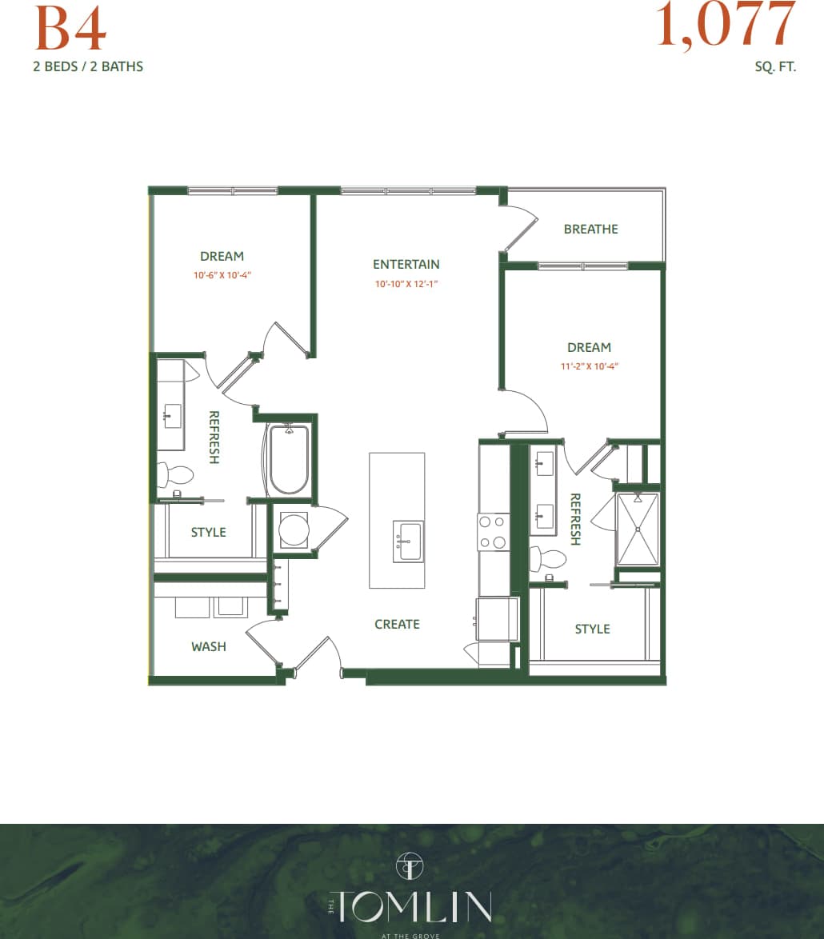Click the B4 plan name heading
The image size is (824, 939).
pos(70,30)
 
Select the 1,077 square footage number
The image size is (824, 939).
pos(726,24)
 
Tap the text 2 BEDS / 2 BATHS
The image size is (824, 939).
pos(88,66)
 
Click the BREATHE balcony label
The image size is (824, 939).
pos(590,229)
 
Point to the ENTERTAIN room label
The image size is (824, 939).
pos(406,264)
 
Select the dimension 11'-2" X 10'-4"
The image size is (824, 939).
pos(590,366)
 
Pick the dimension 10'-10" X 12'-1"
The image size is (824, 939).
pos(407,284)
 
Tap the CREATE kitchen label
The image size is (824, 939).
pos(397,624)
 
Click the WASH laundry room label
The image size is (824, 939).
pos(208,646)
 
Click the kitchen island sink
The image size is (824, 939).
pos(408,541)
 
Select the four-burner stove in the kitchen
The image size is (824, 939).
pos(494,532)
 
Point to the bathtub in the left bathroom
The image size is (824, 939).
pos(289,461)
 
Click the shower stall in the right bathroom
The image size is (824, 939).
pos(638,529)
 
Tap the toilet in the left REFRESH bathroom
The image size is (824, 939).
pos(176,475)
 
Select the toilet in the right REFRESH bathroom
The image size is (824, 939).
pos(548,558)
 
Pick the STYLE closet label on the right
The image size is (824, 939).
pos(592,629)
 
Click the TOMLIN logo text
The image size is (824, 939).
pos(411,906)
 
